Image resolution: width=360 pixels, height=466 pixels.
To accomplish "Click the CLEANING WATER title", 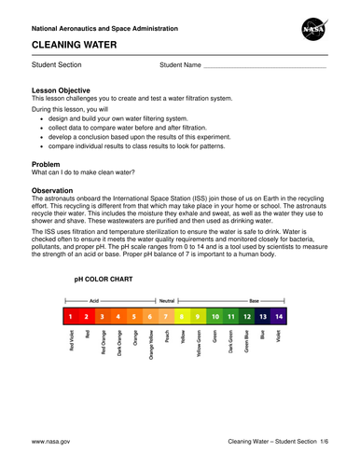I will (x=71, y=44).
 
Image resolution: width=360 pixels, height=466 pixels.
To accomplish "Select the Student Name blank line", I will (x=265, y=66).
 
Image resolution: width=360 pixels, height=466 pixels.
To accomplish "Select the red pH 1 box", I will (x=71, y=318).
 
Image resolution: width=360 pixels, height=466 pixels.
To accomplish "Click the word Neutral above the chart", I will (x=166, y=302).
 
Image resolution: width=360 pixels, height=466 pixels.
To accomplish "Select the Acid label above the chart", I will (x=94, y=302).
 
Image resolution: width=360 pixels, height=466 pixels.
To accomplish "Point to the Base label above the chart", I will (x=254, y=302).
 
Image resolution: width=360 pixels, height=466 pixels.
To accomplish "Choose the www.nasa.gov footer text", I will (x=52, y=440).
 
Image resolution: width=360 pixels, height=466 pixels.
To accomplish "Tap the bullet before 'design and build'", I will (x=44, y=119).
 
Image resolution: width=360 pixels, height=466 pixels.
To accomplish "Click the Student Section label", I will (x=57, y=65).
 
